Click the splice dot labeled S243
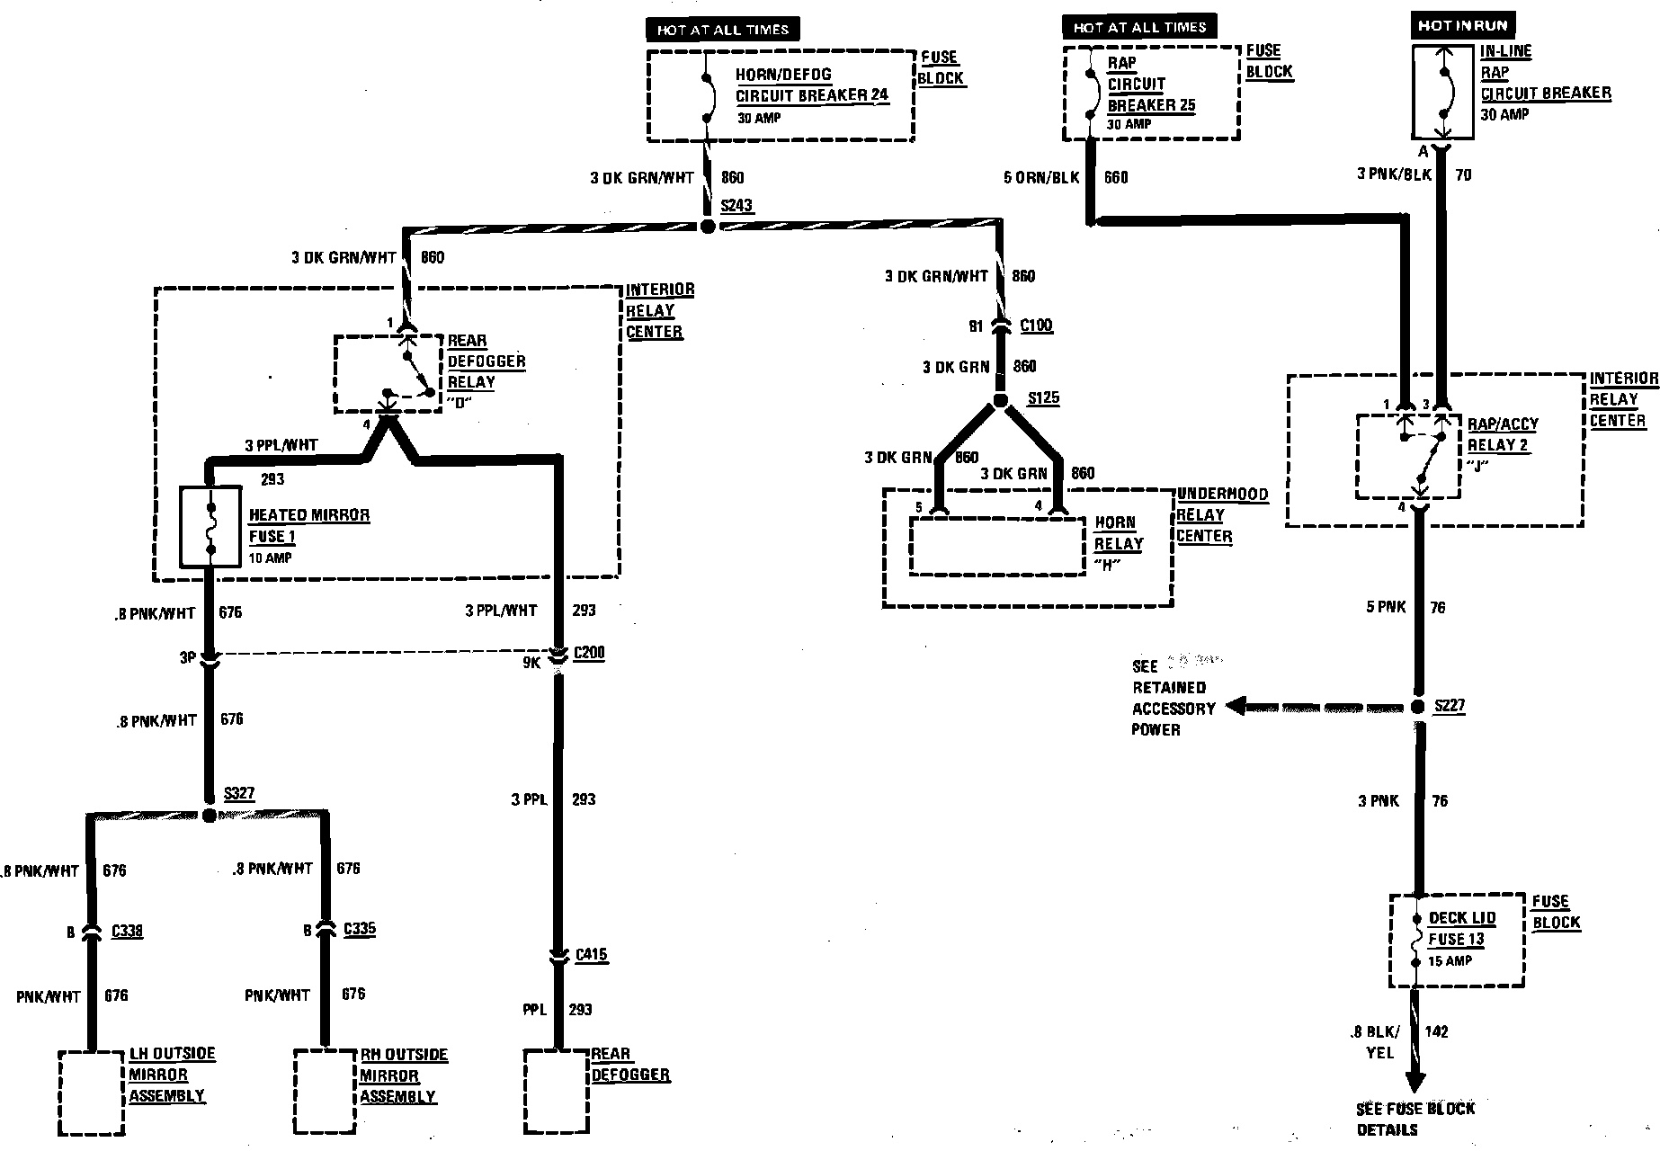[708, 226]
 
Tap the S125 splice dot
[1000, 401]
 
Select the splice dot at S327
[210, 816]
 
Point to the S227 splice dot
[1418, 708]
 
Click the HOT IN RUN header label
[1461, 26]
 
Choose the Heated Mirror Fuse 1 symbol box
[210, 528]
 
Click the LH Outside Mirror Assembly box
[91, 1093]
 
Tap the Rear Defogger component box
[556, 1093]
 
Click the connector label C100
[1036, 326]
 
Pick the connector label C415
[592, 955]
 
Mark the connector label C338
[127, 932]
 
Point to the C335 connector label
[359, 929]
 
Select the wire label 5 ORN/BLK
[1040, 177]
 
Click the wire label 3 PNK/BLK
[1394, 174]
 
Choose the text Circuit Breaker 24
[812, 95]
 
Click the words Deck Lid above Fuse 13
[1462, 918]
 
